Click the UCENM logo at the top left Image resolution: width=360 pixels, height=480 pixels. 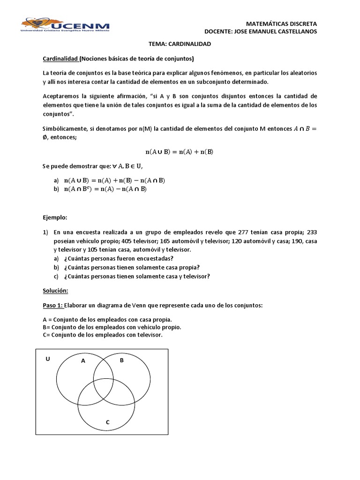pyautogui.click(x=65, y=25)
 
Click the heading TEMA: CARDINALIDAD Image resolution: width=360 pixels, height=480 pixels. pyautogui.click(x=180, y=44)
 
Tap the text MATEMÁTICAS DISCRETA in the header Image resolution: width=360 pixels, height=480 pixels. pyautogui.click(x=281, y=23)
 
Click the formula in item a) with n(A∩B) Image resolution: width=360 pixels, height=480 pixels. pyautogui.click(x=114, y=180)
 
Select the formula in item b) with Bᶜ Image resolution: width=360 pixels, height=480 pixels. pyautogui.click(x=105, y=189)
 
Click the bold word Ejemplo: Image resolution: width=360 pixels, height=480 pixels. pyautogui.click(x=55, y=218)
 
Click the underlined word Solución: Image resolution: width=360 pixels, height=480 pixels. pyautogui.click(x=55, y=291)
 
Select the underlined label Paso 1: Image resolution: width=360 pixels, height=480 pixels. pyautogui.click(x=52, y=306)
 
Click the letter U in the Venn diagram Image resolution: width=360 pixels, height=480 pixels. pyautogui.click(x=47, y=359)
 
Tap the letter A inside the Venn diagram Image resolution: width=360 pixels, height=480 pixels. pyautogui.click(x=83, y=361)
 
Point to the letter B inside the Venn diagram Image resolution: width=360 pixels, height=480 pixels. pyautogui.click(x=121, y=360)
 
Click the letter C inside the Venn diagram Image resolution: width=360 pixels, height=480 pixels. pyautogui.click(x=107, y=422)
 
